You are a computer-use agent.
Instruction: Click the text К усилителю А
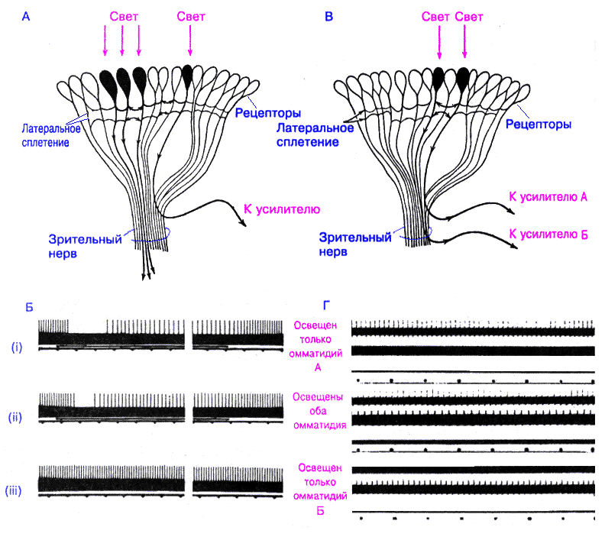[x=548, y=196]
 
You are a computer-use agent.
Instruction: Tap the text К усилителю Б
[x=548, y=233]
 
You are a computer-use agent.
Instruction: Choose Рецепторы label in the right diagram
[x=539, y=124]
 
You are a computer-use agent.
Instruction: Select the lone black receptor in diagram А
[x=188, y=76]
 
